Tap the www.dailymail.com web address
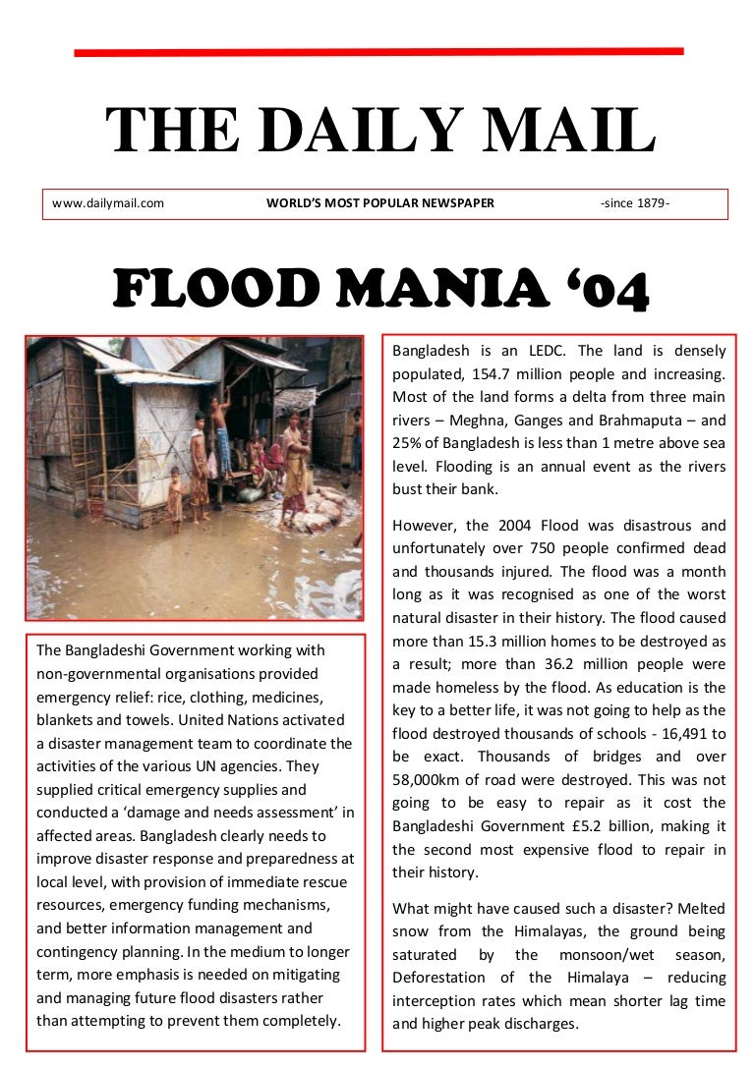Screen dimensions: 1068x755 108,204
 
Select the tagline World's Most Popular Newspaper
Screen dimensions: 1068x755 380,204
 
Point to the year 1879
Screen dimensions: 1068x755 650,204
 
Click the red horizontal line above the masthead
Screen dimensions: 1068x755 378,51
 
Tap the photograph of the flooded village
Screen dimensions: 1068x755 195,478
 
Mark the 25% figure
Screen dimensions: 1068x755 409,444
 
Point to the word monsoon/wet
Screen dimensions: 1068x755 614,954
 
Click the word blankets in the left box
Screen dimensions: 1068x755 66,719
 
